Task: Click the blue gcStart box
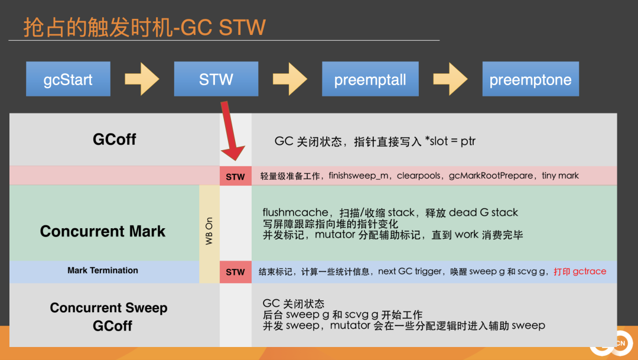click(x=68, y=79)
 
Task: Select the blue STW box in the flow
click(x=216, y=79)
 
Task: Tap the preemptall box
click(x=370, y=79)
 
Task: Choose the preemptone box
click(x=530, y=79)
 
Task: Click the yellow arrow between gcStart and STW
click(x=142, y=79)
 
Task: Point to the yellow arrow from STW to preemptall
click(x=289, y=79)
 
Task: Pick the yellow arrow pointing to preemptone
click(x=450, y=79)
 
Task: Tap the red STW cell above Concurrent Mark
click(x=235, y=176)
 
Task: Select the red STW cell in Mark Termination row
click(x=235, y=272)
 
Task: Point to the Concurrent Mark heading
click(x=103, y=231)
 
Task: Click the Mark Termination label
click(x=103, y=271)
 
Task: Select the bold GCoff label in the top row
click(x=114, y=140)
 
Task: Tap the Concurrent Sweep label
click(x=109, y=308)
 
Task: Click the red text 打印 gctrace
click(x=580, y=271)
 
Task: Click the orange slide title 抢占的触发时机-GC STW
click(x=144, y=27)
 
